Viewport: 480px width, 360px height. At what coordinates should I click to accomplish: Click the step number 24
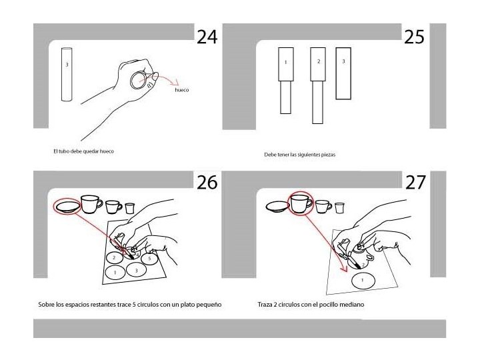coord(207,37)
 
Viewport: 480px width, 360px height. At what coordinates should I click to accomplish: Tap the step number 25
coord(414,37)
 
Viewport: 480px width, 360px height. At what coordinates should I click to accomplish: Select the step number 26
coord(207,183)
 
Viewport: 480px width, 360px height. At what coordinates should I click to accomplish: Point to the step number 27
coord(415,183)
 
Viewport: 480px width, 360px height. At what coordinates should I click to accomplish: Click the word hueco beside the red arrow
coord(182,90)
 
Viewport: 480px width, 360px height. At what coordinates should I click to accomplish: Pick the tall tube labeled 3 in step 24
coord(67,74)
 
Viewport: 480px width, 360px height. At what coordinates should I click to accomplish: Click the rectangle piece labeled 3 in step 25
coord(343,73)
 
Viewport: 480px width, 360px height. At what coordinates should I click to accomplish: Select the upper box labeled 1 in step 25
coord(286,64)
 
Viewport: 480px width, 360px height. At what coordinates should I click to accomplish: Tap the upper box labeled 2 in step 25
coord(318,64)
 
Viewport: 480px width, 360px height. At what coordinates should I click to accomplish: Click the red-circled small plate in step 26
coord(67,206)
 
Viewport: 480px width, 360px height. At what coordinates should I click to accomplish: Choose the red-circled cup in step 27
coord(301,203)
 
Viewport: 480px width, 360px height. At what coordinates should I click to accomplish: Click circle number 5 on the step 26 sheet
coord(149,259)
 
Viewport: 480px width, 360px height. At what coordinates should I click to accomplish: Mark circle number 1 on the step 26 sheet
coord(115,272)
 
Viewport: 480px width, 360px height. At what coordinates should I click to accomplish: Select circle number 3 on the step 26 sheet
coord(137,270)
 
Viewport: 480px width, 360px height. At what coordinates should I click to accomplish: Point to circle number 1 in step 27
coord(363,281)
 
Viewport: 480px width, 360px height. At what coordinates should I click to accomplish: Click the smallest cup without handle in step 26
coord(130,208)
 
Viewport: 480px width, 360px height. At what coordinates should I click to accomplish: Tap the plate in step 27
coord(277,207)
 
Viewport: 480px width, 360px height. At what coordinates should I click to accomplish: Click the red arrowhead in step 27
coord(345,269)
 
